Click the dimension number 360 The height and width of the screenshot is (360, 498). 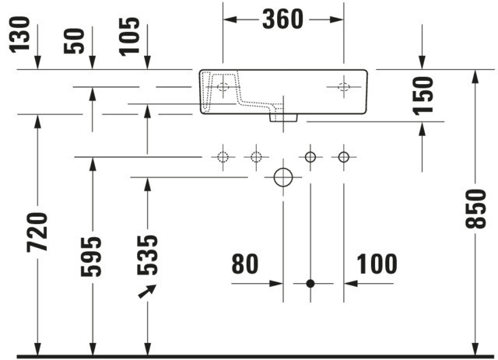pos(282,19)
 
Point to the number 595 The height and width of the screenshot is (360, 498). pos(92,256)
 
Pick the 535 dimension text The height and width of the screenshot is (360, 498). pos(147,254)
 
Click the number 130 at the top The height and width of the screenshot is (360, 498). pos(21,36)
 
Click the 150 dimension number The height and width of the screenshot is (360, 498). pos(423,95)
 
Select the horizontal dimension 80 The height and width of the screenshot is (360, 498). pos(245,264)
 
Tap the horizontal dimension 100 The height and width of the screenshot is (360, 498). pos(377,264)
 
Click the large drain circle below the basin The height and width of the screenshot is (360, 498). pos(282,177)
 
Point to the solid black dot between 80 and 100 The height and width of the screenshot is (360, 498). pos(310,283)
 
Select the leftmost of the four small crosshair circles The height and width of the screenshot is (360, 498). pos(223,157)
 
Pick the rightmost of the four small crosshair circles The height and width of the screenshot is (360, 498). pos(343,157)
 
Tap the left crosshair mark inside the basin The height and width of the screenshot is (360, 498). pos(223,87)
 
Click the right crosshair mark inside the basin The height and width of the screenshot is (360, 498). pos(343,87)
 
